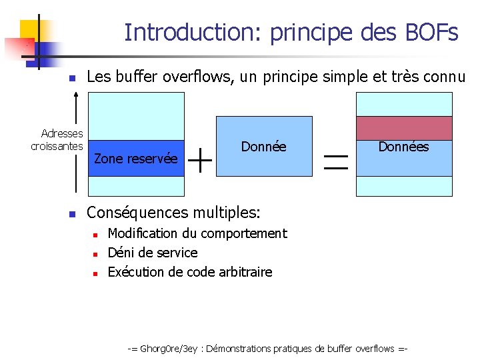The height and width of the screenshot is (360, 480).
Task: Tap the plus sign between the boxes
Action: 200,159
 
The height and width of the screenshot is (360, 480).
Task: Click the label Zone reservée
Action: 136,159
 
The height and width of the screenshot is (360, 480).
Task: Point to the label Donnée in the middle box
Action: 264,147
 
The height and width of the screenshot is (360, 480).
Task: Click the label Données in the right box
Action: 403,147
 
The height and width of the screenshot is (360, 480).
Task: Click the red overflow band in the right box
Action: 404,127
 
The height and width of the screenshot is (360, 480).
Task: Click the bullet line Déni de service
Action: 153,253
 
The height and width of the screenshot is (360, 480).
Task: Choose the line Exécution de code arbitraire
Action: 190,272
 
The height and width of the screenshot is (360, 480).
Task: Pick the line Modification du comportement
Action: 197,233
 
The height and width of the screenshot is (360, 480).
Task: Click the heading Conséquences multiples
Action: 174,213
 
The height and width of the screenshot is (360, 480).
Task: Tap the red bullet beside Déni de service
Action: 96,254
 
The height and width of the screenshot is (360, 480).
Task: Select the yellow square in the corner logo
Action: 29,30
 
